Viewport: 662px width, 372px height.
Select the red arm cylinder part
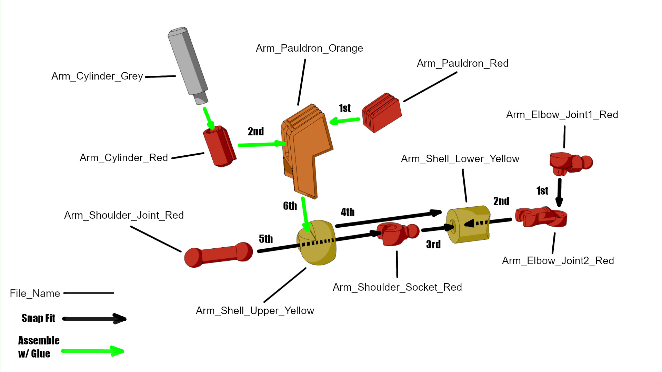pos(220,146)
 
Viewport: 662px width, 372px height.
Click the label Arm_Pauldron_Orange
pos(309,48)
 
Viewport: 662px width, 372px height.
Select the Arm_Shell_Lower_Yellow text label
pos(460,159)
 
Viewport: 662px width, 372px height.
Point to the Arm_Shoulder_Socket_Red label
pos(397,287)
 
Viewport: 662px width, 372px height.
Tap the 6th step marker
pos(290,206)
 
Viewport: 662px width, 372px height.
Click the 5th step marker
pos(266,239)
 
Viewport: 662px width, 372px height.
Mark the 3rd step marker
pos(433,245)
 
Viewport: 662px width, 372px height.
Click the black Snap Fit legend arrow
pos(94,319)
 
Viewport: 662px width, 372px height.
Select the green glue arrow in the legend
pos(92,351)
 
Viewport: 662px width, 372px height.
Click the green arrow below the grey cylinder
pos(209,118)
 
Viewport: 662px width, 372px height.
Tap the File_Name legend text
pos(35,293)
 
